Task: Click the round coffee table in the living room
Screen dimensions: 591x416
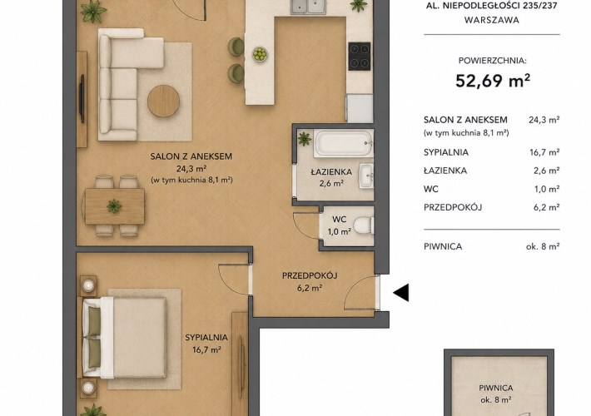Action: (x=163, y=101)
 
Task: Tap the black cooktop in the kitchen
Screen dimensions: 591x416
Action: (x=360, y=56)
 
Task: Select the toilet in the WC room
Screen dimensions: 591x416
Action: (x=364, y=225)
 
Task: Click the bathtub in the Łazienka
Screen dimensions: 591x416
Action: (x=344, y=143)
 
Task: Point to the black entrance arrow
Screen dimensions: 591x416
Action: (x=401, y=292)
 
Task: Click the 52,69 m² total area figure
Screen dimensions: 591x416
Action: (x=493, y=81)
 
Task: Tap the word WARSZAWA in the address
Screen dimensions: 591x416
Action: (x=491, y=20)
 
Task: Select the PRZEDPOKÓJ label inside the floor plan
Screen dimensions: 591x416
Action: (x=310, y=275)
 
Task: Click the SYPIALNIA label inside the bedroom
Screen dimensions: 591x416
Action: (x=206, y=337)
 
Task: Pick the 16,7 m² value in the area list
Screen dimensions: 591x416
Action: (x=544, y=152)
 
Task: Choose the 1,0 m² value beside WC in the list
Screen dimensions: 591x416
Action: (x=547, y=189)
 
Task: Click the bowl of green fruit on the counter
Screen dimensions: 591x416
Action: (x=260, y=54)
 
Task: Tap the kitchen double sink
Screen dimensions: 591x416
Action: (x=308, y=7)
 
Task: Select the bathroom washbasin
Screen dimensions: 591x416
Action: (x=365, y=176)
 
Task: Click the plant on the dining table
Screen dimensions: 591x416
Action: (x=114, y=206)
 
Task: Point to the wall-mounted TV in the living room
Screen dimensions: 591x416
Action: (x=82, y=99)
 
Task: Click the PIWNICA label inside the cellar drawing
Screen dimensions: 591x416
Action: (x=495, y=388)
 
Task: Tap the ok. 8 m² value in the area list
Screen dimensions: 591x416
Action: (x=543, y=246)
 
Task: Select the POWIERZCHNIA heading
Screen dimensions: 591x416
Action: (x=492, y=60)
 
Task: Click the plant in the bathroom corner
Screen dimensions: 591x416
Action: (x=305, y=139)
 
